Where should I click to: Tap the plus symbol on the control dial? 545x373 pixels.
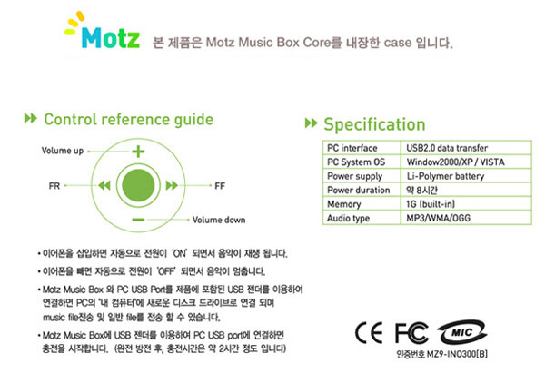138,152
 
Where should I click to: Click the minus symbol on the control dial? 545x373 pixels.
138,220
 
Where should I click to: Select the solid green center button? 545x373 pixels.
138,185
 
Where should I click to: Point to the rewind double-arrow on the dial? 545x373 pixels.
104,185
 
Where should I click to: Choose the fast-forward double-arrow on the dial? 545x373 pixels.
172,185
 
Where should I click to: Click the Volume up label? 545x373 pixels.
63,151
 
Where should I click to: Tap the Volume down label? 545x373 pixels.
219,220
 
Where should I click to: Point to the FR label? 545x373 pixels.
54,186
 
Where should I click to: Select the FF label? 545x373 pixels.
220,186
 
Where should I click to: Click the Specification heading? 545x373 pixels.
374,124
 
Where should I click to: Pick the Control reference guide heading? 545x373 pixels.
129,120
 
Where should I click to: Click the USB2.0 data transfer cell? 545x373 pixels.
447,148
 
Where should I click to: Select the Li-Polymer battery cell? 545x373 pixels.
445,176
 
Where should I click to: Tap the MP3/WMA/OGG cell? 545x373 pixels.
438,218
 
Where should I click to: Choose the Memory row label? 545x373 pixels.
343,204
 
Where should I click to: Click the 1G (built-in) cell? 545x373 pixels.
431,204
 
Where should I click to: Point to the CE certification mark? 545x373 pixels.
369,333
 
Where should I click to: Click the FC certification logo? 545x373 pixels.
411,333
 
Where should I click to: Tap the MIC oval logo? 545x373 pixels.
462,332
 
